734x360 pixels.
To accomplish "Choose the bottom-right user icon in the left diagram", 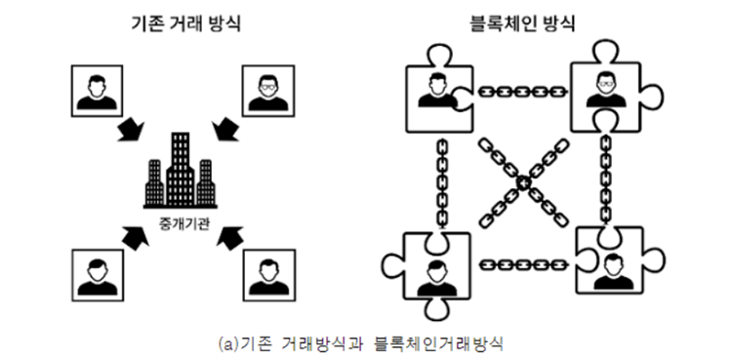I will [267, 273].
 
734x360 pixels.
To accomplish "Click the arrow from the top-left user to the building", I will [132, 130].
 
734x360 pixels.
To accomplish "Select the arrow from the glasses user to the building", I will [226, 130].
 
